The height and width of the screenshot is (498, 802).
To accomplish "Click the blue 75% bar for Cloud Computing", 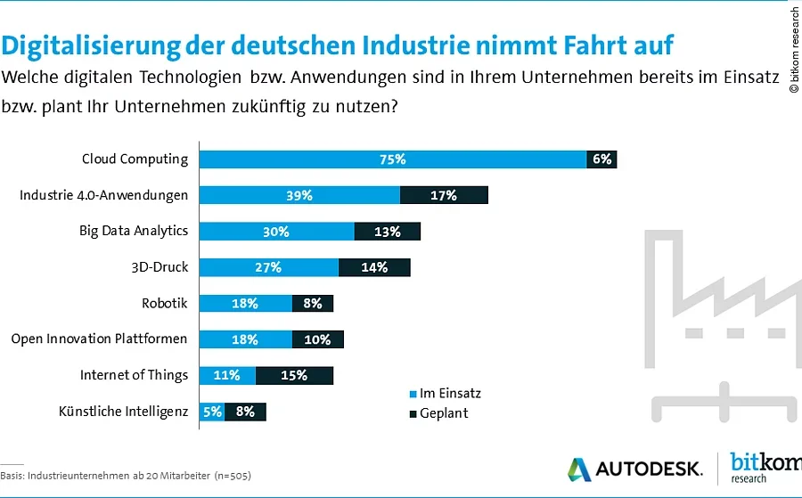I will (392, 159).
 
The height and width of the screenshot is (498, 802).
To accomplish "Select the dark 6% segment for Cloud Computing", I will (601, 159).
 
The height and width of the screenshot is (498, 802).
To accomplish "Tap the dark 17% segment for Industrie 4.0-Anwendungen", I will (444, 195).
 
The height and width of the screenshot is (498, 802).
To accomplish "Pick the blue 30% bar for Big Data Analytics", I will (276, 232).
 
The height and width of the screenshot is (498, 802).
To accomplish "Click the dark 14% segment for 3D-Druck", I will (374, 267).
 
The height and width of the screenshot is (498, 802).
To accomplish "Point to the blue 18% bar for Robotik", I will (245, 304).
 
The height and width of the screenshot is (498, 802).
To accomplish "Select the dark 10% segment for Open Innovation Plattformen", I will (317, 339).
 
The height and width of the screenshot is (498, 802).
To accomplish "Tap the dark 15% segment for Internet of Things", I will (294, 375).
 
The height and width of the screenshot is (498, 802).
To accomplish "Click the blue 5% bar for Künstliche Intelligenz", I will (211, 412).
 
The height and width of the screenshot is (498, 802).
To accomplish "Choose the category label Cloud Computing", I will (135, 159).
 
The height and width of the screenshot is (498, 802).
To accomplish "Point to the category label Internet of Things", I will (134, 374).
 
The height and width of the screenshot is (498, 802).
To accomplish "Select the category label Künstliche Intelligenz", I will (123, 412).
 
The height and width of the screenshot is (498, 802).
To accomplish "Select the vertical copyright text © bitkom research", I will (794, 50).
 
